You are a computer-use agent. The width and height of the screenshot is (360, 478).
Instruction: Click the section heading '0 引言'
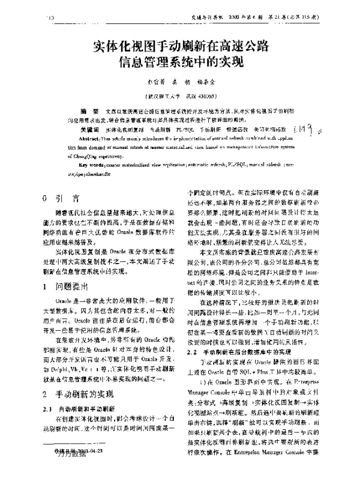click(x=62, y=198)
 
